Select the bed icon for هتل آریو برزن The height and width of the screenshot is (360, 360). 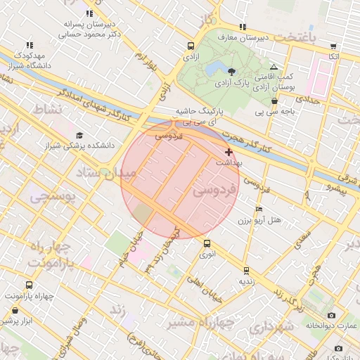point(259,210)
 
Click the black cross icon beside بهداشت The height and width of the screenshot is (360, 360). point(229,152)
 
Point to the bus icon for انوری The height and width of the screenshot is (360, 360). point(207,243)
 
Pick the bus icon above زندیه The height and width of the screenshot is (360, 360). point(246,270)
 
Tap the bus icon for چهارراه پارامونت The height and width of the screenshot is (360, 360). point(28,285)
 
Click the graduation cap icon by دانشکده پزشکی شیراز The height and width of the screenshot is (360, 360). point(79,135)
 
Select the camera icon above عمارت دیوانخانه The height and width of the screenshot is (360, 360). point(331,315)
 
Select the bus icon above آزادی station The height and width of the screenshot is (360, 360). point(189,44)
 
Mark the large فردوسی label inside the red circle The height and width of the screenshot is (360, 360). point(214,189)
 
